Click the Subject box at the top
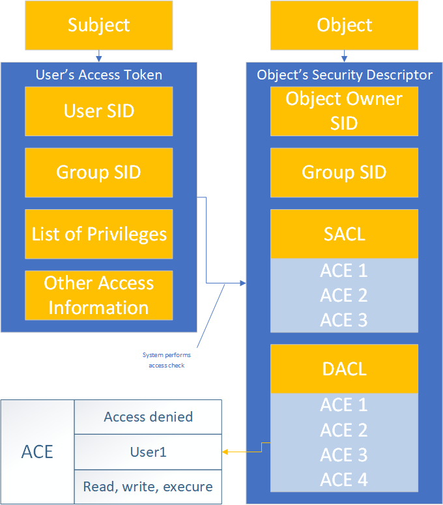(99, 25)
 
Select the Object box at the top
(344, 25)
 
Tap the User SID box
(99, 111)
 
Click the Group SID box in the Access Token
(99, 172)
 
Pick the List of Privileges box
(99, 234)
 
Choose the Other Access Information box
(99, 295)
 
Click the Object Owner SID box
(344, 111)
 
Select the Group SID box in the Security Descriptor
(344, 172)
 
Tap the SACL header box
(344, 234)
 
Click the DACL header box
(344, 369)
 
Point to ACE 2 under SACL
(344, 295)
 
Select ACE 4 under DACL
(344, 480)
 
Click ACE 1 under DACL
(344, 405)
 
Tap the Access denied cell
(149, 417)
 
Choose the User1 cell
(149, 452)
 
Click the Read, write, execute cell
(149, 487)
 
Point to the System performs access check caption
(164, 360)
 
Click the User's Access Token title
(99, 75)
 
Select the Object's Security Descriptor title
(344, 75)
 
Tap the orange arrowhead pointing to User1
(225, 452)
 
